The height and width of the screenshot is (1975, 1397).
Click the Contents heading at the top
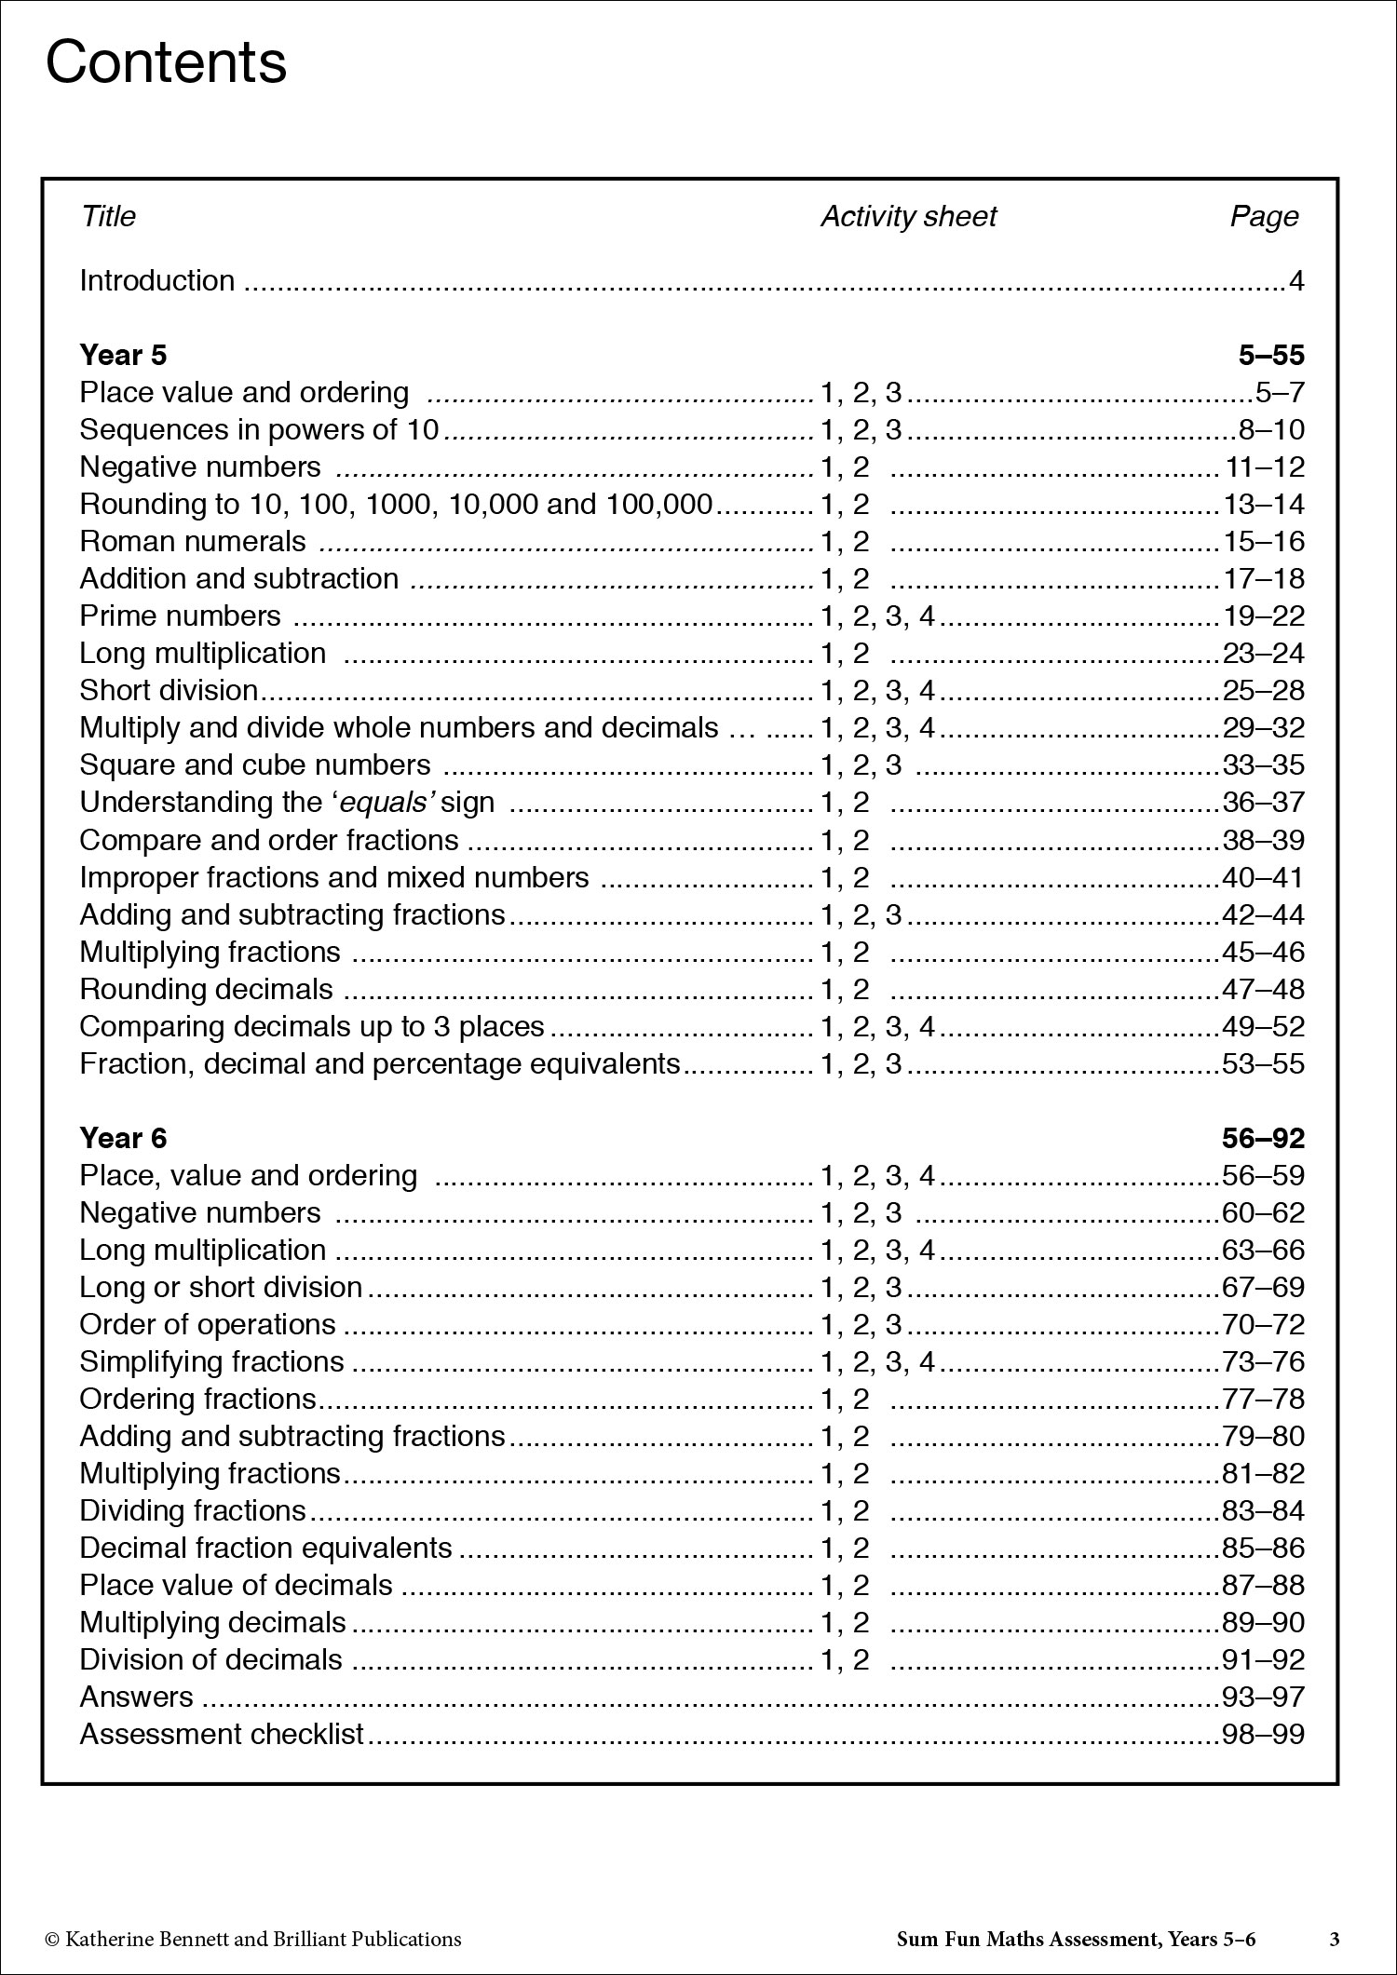166,63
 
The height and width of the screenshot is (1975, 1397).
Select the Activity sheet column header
908,217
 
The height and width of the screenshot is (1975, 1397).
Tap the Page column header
1264,217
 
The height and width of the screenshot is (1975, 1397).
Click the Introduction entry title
156,280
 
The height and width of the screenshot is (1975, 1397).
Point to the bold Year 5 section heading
123,355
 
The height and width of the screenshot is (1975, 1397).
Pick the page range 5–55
1271,355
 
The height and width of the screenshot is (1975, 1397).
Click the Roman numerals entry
193,541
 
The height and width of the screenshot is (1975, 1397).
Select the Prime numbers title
180,615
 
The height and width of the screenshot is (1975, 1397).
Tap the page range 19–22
1263,616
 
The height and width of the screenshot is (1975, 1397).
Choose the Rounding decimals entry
206,989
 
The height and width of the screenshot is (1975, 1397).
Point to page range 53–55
1263,1063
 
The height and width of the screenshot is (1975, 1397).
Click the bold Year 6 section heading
123,1138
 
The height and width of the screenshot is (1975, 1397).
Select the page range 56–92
1263,1138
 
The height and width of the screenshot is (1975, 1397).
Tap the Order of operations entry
208,1324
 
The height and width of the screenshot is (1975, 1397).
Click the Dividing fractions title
193,1510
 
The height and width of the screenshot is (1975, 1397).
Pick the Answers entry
136,1697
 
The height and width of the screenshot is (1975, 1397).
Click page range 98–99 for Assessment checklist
1263,1734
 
